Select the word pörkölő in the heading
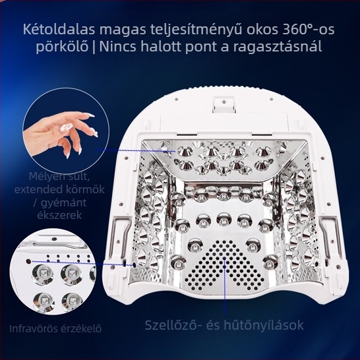coord(62,47)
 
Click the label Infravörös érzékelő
coord(55,328)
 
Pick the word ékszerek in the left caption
coord(59,216)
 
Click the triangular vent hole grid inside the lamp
coord(225,264)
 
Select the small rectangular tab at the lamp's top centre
coord(224,104)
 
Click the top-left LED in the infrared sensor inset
coord(42,274)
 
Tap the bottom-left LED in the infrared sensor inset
coord(44,301)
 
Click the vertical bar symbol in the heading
coord(94,47)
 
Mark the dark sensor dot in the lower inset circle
coord(28,262)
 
